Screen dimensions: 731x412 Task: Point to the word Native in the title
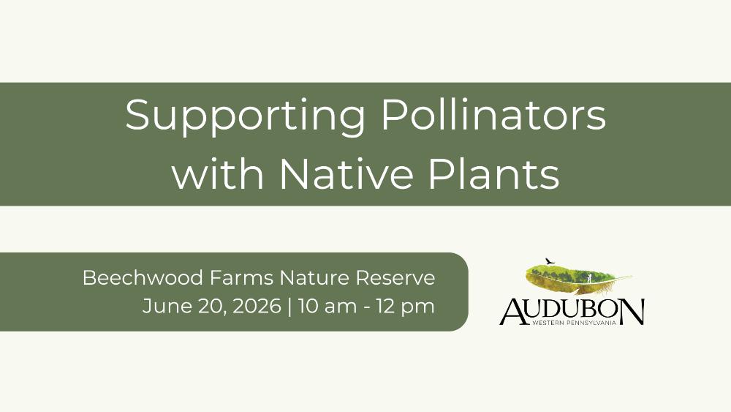point(346,172)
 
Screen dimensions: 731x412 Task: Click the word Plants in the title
point(493,172)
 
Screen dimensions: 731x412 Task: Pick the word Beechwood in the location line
point(143,277)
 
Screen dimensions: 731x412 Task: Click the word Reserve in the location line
point(395,277)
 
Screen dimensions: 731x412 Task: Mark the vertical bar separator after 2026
point(290,307)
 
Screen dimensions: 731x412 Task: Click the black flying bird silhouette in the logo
point(550,261)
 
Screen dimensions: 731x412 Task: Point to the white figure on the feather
point(589,278)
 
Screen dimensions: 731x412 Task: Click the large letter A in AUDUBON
point(513,311)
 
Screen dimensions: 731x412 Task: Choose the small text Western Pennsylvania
point(574,323)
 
